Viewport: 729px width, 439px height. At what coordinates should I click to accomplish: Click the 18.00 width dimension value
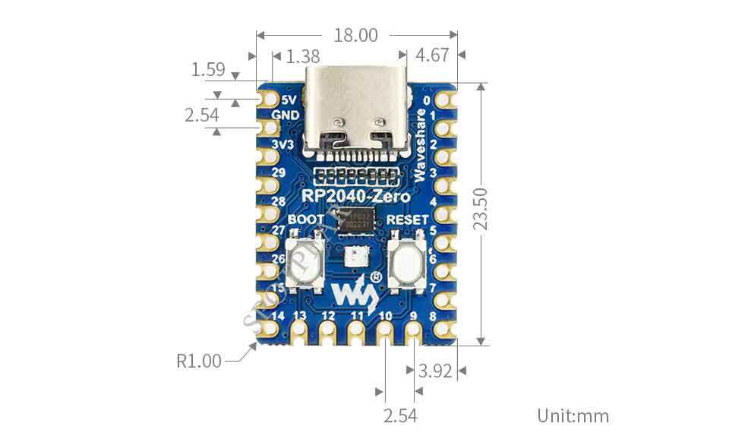pyautogui.click(x=356, y=36)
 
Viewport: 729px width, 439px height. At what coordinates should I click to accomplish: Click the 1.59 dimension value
pyautogui.click(x=208, y=70)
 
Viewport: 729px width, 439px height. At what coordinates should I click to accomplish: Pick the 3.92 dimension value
pyautogui.click(x=436, y=371)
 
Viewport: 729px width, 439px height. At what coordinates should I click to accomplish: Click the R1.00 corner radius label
pyautogui.click(x=200, y=361)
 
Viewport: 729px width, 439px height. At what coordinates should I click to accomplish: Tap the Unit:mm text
pyautogui.click(x=573, y=415)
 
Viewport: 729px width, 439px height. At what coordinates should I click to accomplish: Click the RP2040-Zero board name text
pyautogui.click(x=356, y=197)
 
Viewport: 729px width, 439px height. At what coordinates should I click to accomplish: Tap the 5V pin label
pyautogui.click(x=289, y=99)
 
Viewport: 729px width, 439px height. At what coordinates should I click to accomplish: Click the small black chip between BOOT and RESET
pyautogui.click(x=357, y=223)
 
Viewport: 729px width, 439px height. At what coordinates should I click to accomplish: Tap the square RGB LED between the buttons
pyautogui.click(x=356, y=257)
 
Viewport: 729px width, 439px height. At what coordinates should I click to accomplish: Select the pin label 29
pyautogui.click(x=279, y=173)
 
